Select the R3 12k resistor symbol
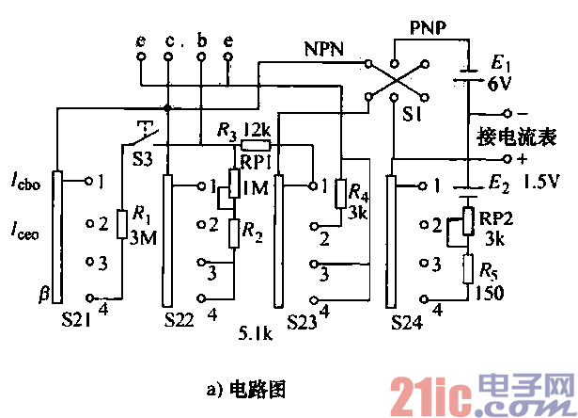[x=255, y=146]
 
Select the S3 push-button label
[x=143, y=158]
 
